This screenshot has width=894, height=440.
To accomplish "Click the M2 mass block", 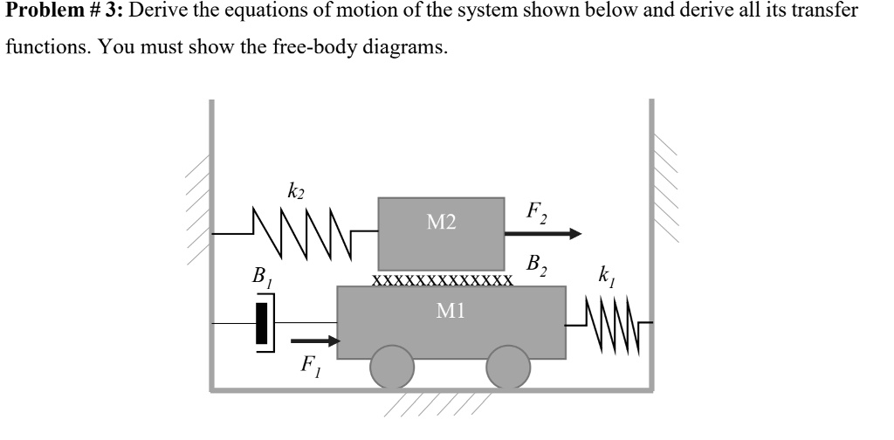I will [x=441, y=233].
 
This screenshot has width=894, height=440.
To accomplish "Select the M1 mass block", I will [x=450, y=322].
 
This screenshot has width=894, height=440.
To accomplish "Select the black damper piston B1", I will [x=261, y=323].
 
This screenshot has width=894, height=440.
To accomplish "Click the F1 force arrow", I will [x=313, y=341].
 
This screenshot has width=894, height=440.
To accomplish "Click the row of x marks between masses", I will [x=441, y=281].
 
